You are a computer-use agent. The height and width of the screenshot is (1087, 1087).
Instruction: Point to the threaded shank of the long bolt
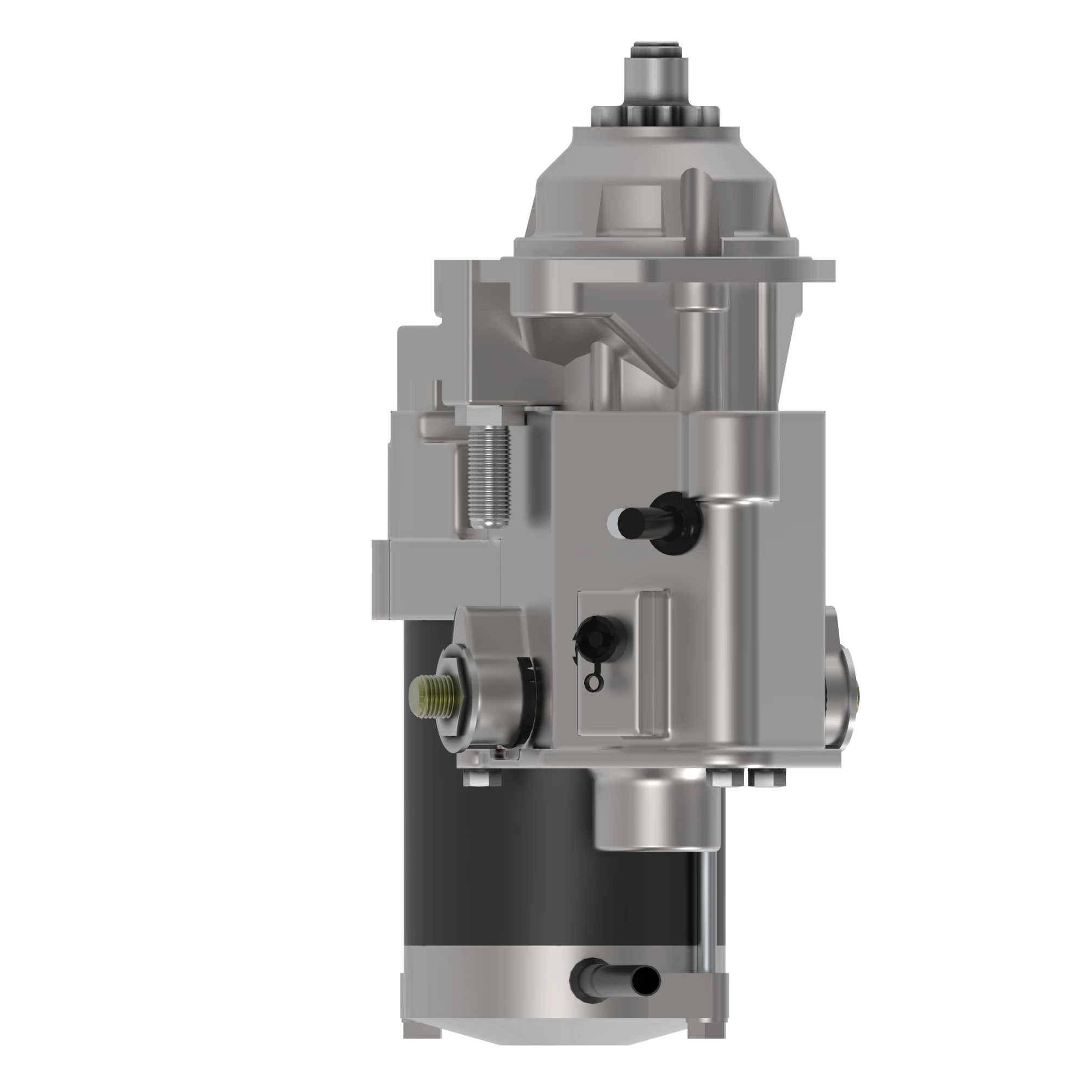pos(488,478)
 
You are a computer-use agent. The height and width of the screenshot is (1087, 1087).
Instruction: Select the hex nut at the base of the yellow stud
pos(453,697)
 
